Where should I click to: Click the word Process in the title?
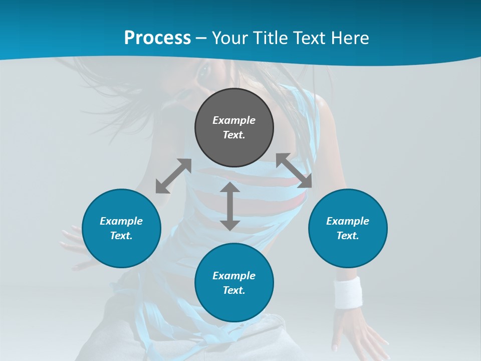click(157, 38)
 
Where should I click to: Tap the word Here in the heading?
click(349, 38)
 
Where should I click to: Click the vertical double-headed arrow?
click(230, 206)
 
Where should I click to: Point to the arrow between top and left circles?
click(173, 176)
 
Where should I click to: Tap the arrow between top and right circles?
click(294, 170)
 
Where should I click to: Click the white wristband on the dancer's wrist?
click(348, 292)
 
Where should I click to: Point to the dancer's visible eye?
click(204, 72)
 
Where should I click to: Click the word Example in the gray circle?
click(234, 120)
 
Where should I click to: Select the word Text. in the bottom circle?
click(234, 290)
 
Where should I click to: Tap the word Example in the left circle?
click(121, 221)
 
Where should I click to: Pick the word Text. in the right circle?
click(348, 236)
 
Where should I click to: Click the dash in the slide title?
click(201, 38)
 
